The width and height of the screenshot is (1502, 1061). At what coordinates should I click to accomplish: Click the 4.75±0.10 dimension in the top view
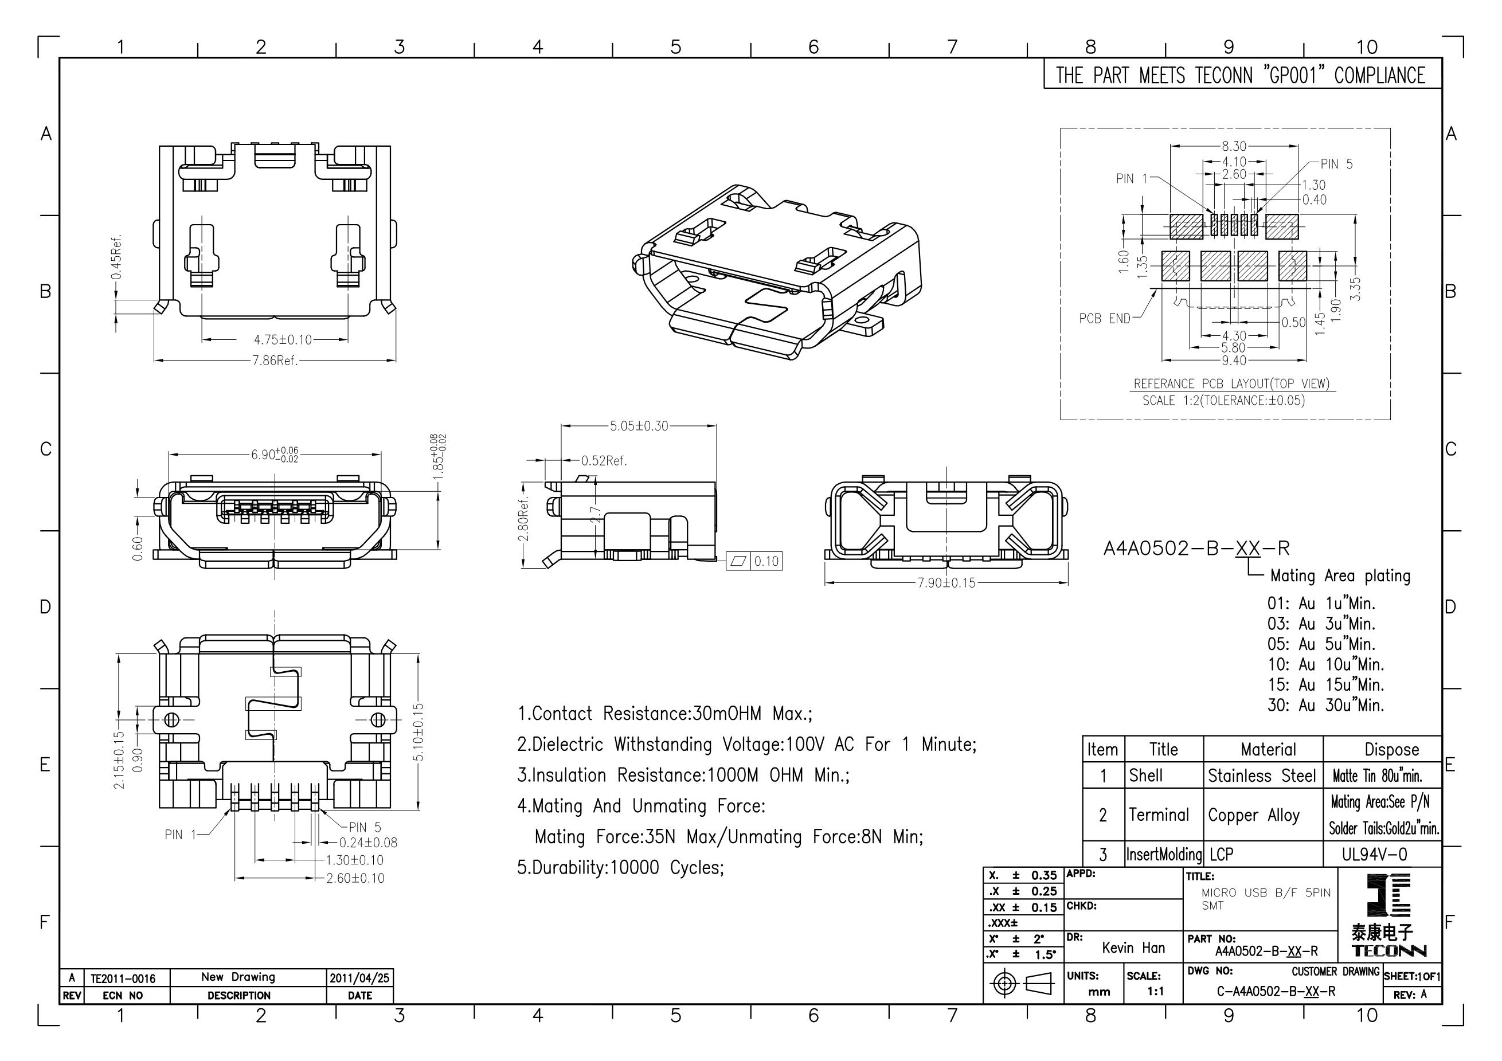click(x=283, y=340)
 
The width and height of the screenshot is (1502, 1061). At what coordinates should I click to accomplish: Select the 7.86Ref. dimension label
click(x=275, y=361)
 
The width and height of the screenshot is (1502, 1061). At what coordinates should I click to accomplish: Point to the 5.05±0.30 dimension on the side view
click(x=639, y=426)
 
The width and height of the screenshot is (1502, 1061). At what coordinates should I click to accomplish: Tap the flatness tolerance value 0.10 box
click(x=766, y=561)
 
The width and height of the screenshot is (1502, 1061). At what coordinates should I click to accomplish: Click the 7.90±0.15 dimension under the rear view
click(x=946, y=582)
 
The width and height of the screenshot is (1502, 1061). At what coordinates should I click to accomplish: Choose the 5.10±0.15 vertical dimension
click(x=418, y=731)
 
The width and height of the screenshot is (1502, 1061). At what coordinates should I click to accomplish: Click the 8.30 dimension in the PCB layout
click(x=1234, y=147)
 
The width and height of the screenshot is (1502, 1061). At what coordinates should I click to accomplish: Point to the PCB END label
click(x=1104, y=319)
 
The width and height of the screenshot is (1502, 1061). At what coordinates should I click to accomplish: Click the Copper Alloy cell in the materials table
click(x=1253, y=815)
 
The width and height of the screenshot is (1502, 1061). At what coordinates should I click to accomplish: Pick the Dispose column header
click(x=1391, y=750)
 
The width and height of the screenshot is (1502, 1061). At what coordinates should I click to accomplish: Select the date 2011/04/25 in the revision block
click(x=359, y=978)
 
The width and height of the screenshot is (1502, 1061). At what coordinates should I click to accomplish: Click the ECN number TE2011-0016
click(x=123, y=978)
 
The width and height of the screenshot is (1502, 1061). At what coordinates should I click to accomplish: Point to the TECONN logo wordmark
click(x=1389, y=951)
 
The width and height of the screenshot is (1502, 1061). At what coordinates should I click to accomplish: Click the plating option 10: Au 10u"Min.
click(x=1325, y=664)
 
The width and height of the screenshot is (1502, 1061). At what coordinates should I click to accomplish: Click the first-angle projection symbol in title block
click(x=1023, y=983)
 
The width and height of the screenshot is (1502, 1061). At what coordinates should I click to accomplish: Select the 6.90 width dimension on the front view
click(x=275, y=455)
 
